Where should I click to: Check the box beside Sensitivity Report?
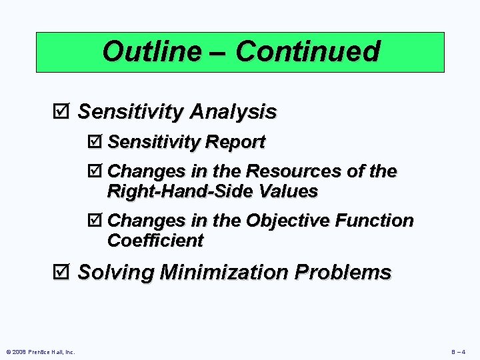click(x=95, y=142)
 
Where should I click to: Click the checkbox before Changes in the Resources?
click(x=95, y=172)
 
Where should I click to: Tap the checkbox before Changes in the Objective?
click(x=95, y=221)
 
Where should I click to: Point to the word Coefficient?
click(x=155, y=241)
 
